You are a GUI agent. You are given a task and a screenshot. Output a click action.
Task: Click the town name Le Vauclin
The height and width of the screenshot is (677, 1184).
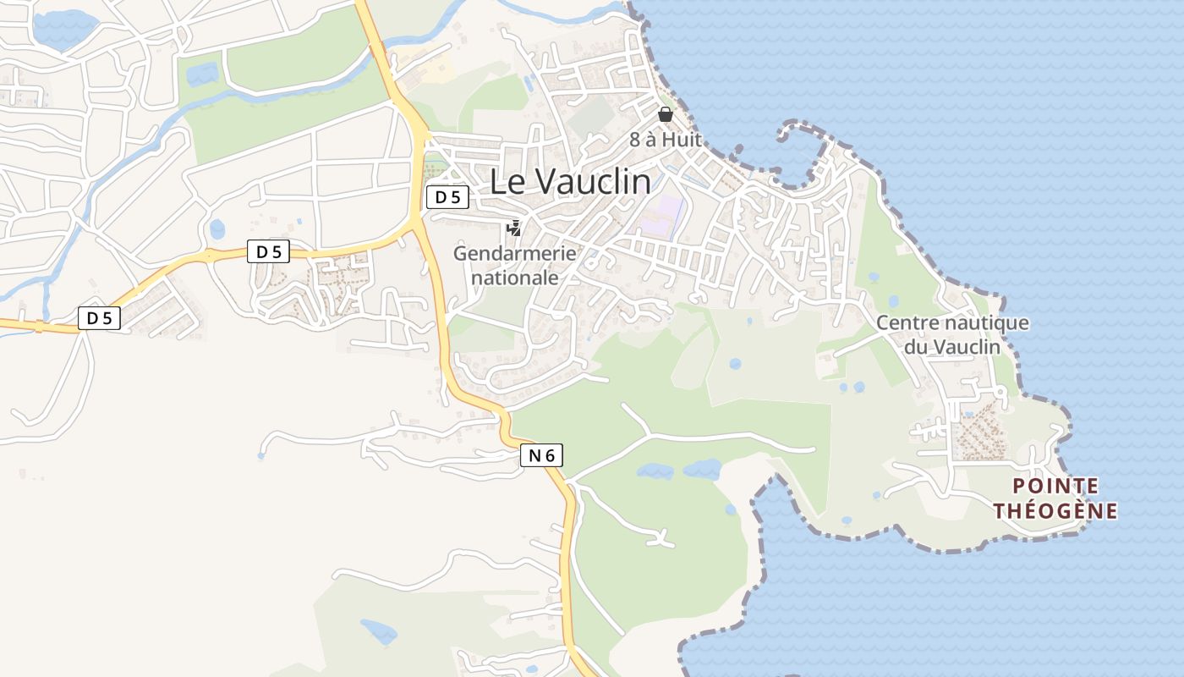tap(571, 181)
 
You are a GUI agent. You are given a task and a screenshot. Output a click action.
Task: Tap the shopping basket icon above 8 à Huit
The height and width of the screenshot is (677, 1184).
tap(666, 114)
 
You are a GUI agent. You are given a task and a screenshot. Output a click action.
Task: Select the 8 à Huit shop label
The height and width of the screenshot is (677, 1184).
tap(666, 140)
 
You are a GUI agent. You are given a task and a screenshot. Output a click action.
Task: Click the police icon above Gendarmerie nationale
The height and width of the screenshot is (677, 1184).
tap(513, 228)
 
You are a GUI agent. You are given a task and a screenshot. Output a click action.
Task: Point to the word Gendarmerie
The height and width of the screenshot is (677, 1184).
tap(514, 253)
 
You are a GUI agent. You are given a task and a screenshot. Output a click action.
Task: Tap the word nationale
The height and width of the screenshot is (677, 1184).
tap(514, 277)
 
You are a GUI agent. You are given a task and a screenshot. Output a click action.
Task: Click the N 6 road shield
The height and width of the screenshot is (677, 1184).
tap(541, 455)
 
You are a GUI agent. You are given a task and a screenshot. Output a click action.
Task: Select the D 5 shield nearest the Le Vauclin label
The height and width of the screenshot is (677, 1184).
tap(447, 198)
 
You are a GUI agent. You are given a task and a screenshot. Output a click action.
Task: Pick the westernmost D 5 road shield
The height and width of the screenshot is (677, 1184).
tap(100, 318)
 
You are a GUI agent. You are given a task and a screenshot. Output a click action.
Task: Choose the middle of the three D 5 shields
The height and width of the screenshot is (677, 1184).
tap(268, 251)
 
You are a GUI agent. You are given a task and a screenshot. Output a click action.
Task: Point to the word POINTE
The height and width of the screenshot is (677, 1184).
tap(1055, 486)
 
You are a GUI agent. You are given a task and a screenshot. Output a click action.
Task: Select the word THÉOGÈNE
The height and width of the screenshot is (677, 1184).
tap(1055, 511)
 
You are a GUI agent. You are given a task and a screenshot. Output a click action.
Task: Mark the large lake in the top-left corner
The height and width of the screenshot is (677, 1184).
tap(63, 28)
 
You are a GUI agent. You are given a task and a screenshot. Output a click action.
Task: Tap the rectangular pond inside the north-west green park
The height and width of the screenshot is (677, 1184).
tap(202, 74)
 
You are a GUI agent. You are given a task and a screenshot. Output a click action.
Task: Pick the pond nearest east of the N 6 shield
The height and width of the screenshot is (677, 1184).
tap(655, 471)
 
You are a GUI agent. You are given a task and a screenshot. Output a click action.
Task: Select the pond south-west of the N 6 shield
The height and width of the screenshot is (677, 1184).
tap(378, 631)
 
